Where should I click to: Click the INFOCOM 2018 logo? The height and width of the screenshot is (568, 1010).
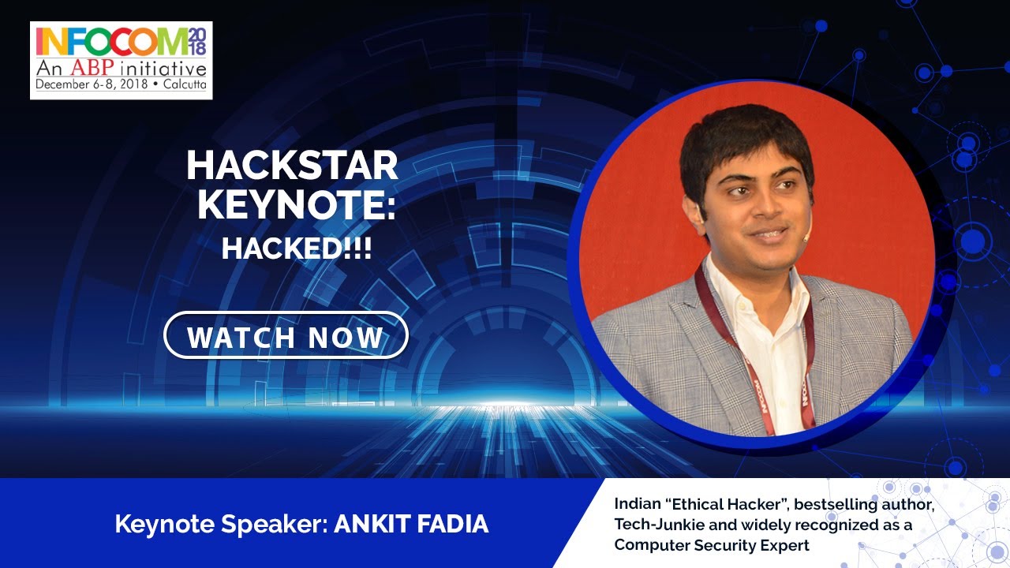click(x=121, y=60)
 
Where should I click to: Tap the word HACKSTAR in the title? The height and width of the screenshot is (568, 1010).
click(x=292, y=166)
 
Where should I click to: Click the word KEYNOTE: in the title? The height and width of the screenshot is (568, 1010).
click(x=297, y=205)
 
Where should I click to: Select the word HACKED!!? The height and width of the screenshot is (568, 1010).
click(x=297, y=248)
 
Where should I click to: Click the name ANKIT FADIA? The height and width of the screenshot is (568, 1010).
click(x=411, y=525)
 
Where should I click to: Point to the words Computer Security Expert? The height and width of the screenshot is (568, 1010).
click(x=712, y=544)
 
